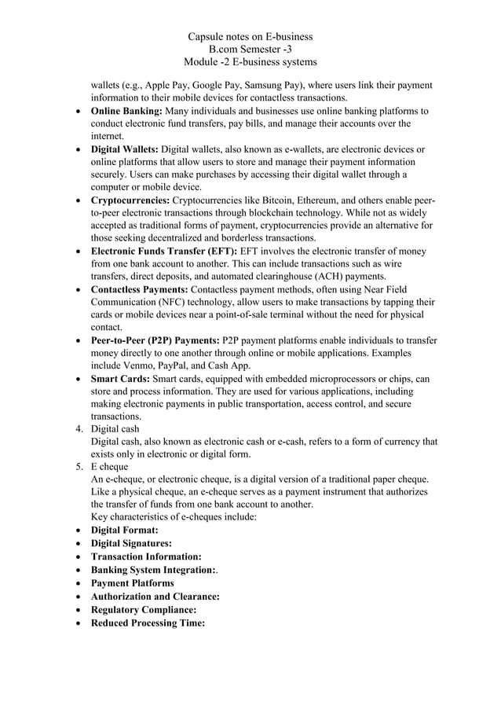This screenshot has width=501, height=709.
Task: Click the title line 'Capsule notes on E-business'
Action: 251,37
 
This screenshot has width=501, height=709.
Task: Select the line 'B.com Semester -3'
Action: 251,50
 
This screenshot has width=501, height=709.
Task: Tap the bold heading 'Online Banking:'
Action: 126,111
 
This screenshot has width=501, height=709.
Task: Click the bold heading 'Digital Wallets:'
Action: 125,149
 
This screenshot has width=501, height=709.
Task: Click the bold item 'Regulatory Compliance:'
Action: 144,609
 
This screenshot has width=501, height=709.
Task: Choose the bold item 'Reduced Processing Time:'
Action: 148,623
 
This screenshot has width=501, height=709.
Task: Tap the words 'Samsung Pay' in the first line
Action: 256,85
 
